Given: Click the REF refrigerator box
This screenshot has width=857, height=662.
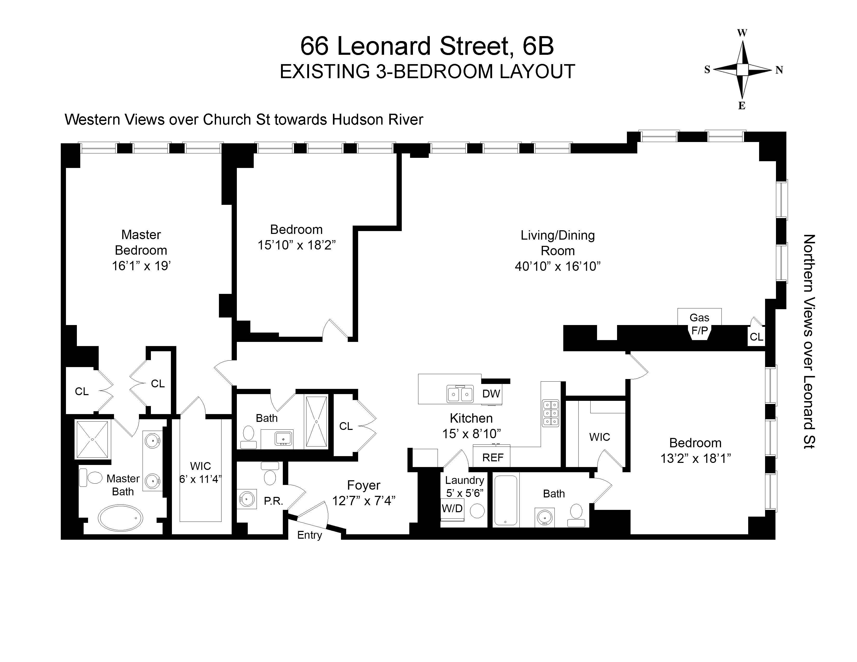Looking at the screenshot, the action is (x=492, y=457).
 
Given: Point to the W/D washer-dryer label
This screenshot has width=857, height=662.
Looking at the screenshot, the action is (x=452, y=509).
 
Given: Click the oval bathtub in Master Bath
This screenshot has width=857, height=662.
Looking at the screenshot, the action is (x=120, y=518).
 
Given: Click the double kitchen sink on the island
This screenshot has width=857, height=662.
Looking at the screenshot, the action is (x=460, y=394).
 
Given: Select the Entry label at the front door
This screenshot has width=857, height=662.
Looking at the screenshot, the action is (x=309, y=535).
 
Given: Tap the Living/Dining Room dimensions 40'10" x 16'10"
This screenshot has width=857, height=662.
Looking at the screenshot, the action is (x=558, y=266).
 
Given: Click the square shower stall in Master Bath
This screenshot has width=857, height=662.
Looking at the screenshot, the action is (x=92, y=439).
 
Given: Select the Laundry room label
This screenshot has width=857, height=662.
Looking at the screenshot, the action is (x=464, y=480).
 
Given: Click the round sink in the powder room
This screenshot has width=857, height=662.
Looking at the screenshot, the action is (x=247, y=499).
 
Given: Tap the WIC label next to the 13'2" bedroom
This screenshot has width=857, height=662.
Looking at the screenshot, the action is (x=599, y=437).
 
